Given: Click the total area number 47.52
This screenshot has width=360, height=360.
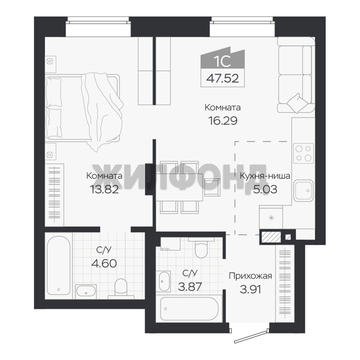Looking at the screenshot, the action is pos(222,79).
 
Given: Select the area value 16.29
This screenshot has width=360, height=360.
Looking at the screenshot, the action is pos(222,121).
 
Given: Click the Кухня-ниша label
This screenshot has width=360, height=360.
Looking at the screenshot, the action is pos(265,176).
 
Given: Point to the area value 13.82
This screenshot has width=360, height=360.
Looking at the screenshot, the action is pos(104,189).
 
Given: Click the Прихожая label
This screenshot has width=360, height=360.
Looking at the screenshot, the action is pos(250,276).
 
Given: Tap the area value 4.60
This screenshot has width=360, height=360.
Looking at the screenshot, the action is pos(104,263).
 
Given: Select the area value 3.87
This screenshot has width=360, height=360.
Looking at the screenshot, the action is pos(190,286).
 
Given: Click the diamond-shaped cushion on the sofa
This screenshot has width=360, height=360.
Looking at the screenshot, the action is pos(295,103).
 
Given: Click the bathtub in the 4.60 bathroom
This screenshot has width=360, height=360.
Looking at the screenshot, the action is pos(59,266).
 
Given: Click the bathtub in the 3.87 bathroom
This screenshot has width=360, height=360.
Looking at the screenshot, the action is pos(189,309).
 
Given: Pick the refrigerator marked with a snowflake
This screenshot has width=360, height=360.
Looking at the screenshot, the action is pos(271,217).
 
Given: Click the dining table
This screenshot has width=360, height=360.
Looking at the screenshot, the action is pos(179,187).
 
